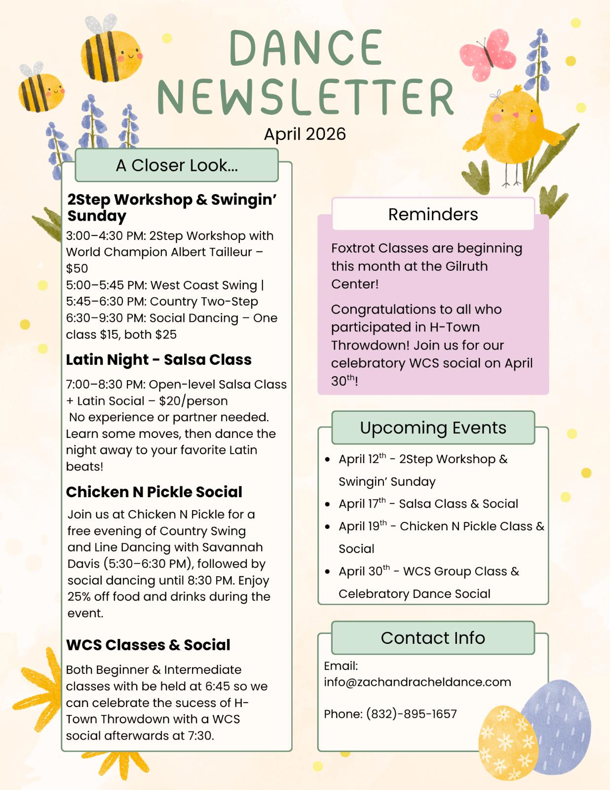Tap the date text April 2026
tap(305, 134)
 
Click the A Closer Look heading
tap(177, 165)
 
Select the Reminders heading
tap(433, 214)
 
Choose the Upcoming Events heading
tap(433, 428)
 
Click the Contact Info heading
tap(433, 638)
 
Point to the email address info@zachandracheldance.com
tap(418, 682)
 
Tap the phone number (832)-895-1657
tap(411, 714)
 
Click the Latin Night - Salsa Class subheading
tap(158, 360)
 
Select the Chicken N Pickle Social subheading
tap(154, 492)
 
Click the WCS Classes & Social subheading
tap(148, 645)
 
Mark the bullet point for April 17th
tap(327, 504)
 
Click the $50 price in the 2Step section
tap(77, 269)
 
